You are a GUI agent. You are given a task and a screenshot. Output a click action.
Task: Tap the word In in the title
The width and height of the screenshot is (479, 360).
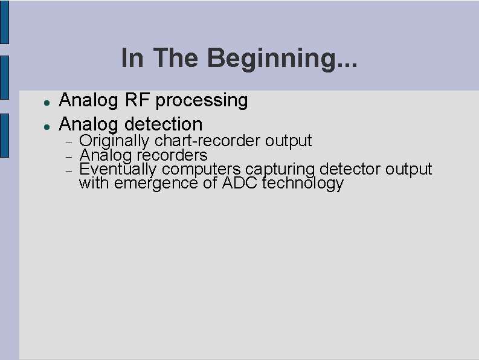point(133,58)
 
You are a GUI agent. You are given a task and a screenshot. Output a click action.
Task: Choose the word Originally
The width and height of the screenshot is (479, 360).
point(115,141)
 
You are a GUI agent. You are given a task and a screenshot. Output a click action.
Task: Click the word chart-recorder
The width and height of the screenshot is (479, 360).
point(208,141)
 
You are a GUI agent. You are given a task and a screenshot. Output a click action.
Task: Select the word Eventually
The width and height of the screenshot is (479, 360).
point(118,169)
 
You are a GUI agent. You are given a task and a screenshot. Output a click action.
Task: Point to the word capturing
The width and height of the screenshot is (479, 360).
point(280,170)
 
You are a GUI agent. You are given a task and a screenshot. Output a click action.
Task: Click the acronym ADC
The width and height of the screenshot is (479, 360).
point(240,183)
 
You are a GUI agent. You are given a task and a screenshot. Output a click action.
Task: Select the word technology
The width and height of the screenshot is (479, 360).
point(303,183)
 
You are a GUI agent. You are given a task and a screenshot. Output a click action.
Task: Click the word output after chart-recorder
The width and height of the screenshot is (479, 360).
point(289,141)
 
